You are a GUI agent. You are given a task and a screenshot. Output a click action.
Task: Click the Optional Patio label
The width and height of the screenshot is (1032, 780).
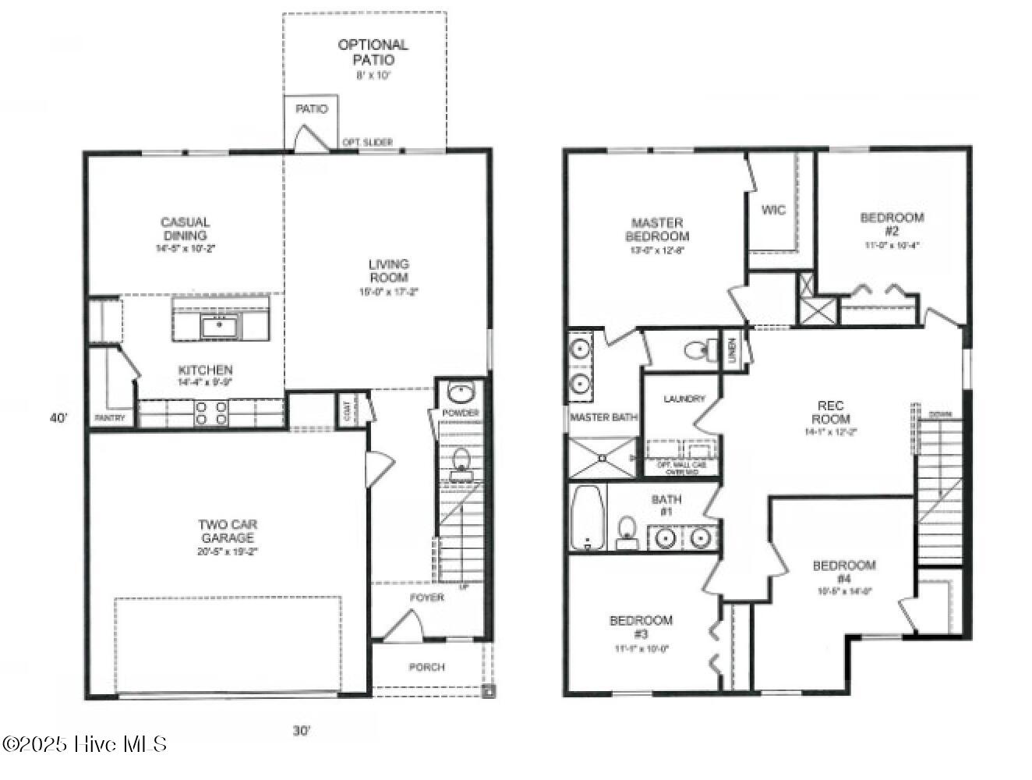pos(372,52)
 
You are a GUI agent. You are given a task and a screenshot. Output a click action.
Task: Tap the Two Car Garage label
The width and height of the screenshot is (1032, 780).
pos(228,532)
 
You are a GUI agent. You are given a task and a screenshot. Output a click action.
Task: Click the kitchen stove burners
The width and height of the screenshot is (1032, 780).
pos(210,413)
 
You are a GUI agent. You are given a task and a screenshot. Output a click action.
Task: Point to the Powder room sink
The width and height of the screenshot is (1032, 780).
pos(460,392)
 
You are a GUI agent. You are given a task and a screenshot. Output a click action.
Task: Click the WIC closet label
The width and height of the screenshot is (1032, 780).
pos(773,210)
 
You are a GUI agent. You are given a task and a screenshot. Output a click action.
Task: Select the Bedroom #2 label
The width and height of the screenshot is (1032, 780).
pos(892,225)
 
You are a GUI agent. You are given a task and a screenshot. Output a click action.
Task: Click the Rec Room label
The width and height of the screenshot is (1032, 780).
pos(830,412)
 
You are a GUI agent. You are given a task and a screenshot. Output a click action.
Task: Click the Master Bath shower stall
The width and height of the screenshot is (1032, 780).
pos(602,457)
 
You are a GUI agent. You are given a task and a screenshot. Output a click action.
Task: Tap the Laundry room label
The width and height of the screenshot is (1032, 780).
pos(684,399)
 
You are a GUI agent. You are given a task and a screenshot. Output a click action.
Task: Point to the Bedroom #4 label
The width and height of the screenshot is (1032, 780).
pos(844,572)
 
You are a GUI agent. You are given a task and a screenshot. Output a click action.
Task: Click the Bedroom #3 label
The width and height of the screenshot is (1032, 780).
pos(641,627)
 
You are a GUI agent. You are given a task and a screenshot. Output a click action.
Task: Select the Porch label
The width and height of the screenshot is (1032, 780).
pos(426,667)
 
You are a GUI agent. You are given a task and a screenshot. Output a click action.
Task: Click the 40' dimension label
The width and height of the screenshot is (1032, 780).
pos(59,418)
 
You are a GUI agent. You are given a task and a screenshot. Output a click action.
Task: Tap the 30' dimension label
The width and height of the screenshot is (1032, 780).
pos(302,731)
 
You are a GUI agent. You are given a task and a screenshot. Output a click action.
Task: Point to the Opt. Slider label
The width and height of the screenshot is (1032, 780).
pos(367,142)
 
